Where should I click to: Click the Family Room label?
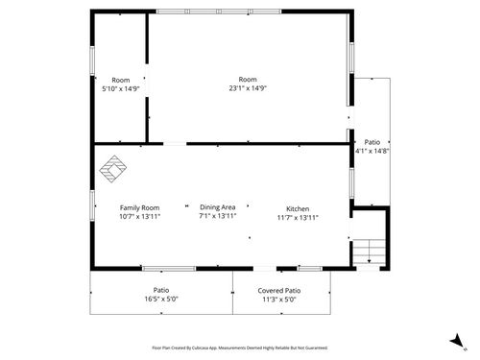(x=139, y=207)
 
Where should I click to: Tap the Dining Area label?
(x=218, y=207)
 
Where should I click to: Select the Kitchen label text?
(x=298, y=208)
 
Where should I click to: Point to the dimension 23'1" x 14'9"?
(x=248, y=88)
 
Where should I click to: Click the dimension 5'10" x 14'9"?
(x=120, y=88)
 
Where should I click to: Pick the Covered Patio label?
(x=278, y=290)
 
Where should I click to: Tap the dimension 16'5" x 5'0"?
(x=161, y=299)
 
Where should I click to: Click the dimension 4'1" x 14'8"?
(x=372, y=151)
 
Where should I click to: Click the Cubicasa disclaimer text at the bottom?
(x=240, y=348)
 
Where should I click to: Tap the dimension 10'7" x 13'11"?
(x=139, y=216)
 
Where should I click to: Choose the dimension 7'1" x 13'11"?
(x=218, y=216)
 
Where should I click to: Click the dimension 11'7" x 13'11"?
(x=298, y=217)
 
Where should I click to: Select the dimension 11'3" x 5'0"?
(x=278, y=299)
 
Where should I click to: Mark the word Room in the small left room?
(x=120, y=80)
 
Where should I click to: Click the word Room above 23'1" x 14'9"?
(x=248, y=79)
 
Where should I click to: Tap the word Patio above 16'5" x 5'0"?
(x=161, y=290)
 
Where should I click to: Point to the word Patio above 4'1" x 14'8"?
(x=372, y=142)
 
